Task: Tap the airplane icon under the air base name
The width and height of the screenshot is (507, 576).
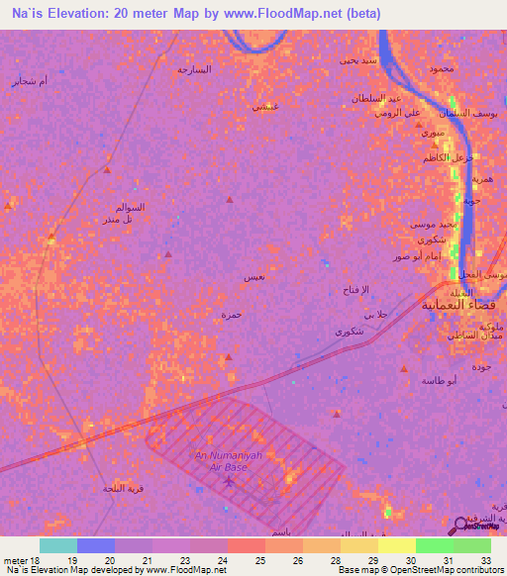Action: (x=231, y=481)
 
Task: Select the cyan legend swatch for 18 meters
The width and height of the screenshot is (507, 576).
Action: (x=58, y=545)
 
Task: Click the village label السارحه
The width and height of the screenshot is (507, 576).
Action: (x=195, y=69)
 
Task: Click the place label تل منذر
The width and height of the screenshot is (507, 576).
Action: (x=121, y=219)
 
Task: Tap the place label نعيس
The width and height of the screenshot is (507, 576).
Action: (x=253, y=278)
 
